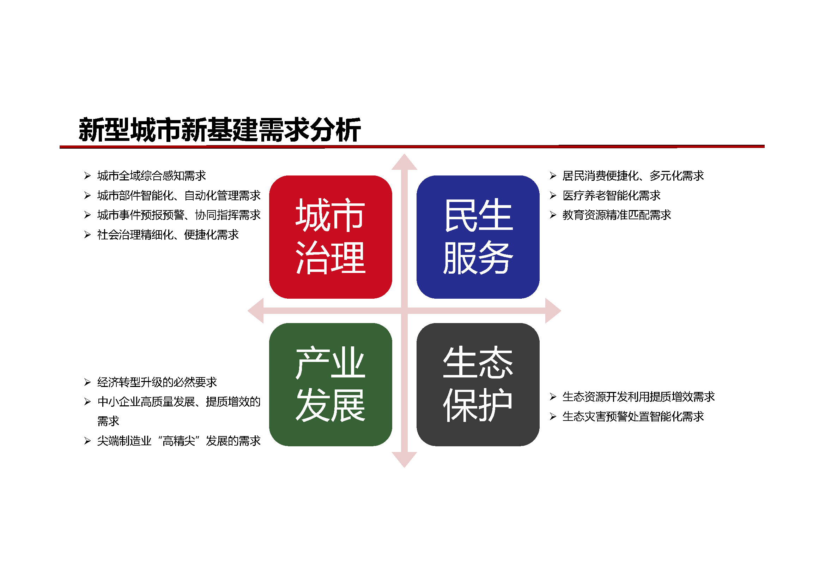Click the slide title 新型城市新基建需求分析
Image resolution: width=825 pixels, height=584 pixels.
point(219,130)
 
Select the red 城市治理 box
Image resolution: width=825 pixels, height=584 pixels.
point(330,237)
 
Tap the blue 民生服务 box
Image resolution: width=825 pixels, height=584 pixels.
point(478,237)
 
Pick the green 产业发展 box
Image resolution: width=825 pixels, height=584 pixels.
point(330,385)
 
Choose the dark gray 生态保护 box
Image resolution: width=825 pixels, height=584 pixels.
point(478,385)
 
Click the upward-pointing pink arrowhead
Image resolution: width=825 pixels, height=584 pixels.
point(404,162)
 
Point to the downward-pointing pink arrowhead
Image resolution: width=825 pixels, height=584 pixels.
point(404,460)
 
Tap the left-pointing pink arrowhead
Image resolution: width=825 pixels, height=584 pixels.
point(256,311)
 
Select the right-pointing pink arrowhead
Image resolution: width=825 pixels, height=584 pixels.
point(553,311)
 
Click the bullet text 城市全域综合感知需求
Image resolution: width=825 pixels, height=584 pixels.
point(152,176)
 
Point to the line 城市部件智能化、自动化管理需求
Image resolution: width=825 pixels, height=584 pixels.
point(179,196)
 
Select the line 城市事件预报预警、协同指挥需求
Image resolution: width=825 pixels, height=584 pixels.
point(179,215)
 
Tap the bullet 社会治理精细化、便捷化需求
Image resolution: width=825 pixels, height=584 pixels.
point(168,235)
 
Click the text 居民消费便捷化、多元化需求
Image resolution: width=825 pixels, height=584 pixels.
point(633,176)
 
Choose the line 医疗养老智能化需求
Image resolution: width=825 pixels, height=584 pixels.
point(612,196)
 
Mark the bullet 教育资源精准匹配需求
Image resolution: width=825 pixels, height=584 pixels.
point(617,215)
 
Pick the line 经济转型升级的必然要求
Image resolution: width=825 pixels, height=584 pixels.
point(157,382)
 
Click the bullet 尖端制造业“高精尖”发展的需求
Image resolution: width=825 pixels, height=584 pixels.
point(179,441)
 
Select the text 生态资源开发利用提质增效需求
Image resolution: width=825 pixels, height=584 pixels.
point(638,397)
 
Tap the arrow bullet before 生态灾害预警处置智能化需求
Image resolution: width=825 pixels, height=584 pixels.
point(553,416)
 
